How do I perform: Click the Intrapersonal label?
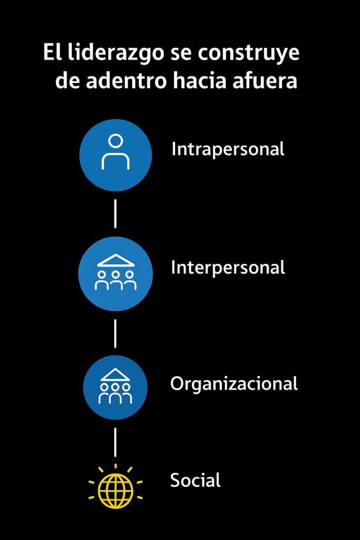[x=228, y=149]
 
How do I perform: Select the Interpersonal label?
[x=228, y=267]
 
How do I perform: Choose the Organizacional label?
[x=234, y=383]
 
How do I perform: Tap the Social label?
[x=195, y=480]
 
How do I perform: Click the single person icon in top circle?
[x=115, y=152]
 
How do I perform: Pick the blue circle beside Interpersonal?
[x=115, y=274]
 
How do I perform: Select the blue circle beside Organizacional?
[x=115, y=388]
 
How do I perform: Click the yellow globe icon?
[x=115, y=490]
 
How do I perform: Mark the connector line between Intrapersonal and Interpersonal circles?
[x=115, y=214]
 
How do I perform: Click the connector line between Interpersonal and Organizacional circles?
[x=115, y=333]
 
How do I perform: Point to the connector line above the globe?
[x=115, y=442]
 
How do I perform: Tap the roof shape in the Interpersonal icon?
[x=115, y=261]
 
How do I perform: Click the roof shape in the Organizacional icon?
[x=115, y=375]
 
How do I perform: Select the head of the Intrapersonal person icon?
[x=115, y=141]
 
